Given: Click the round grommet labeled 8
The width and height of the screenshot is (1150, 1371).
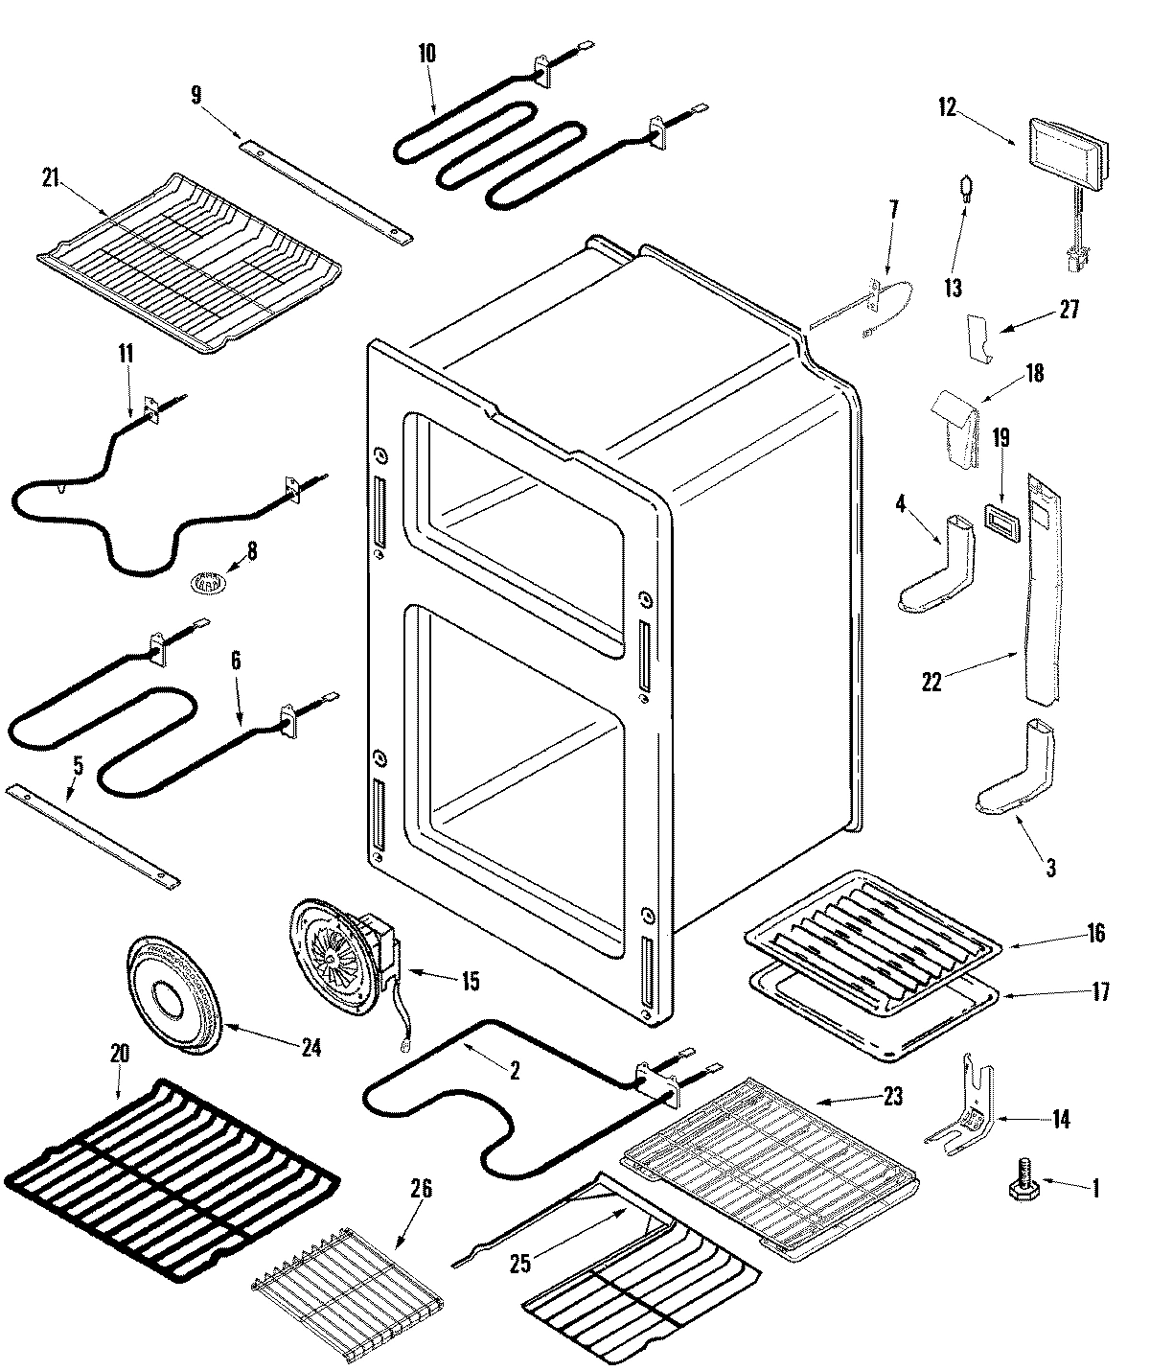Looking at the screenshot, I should (204, 581).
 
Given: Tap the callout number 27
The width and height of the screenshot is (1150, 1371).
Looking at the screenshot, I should (1069, 310).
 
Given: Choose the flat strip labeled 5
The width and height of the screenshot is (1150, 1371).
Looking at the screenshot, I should (92, 834).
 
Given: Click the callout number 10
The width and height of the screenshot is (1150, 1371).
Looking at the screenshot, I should (426, 54).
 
